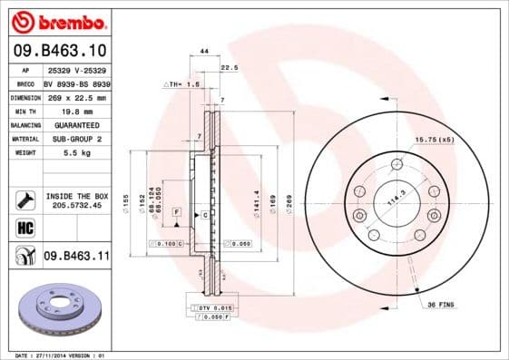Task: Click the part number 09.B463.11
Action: [76, 257]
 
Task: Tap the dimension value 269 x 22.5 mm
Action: [76, 97]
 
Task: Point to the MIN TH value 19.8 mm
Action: [76, 111]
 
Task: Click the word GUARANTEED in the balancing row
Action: [76, 124]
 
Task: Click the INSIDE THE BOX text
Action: [76, 196]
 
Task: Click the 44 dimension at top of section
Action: [204, 53]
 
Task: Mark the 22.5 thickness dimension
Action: [230, 67]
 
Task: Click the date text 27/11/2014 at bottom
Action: [53, 355]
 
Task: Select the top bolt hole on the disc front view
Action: [396, 164]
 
